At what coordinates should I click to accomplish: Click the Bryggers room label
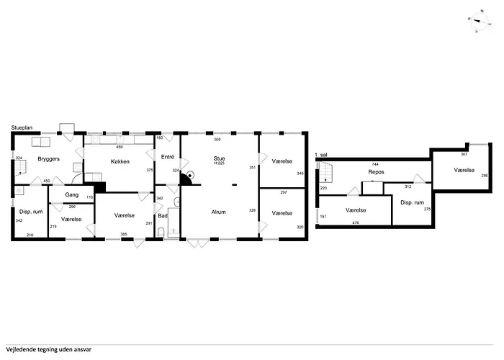(x=48, y=159)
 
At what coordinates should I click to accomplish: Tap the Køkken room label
(x=120, y=161)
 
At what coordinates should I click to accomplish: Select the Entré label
(x=168, y=157)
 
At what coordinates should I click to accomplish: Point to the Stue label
(x=219, y=158)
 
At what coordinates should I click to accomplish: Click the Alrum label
(x=219, y=212)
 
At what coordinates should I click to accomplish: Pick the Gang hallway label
(x=72, y=195)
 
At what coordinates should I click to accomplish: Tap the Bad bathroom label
(x=163, y=216)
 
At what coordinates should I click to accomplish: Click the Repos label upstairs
(x=376, y=172)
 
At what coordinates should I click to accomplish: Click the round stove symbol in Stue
(x=191, y=176)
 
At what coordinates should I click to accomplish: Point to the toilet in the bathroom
(x=161, y=232)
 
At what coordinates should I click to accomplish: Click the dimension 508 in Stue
(x=217, y=140)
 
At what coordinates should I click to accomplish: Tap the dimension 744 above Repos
(x=375, y=164)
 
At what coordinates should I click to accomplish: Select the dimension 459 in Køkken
(x=120, y=147)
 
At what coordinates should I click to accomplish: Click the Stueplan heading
(x=22, y=127)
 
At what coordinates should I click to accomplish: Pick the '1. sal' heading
(x=321, y=155)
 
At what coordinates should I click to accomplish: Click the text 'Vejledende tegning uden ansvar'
(x=48, y=349)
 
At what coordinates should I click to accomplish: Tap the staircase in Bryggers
(x=20, y=168)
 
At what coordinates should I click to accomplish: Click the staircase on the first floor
(x=325, y=172)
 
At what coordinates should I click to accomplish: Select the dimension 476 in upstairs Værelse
(x=356, y=222)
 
